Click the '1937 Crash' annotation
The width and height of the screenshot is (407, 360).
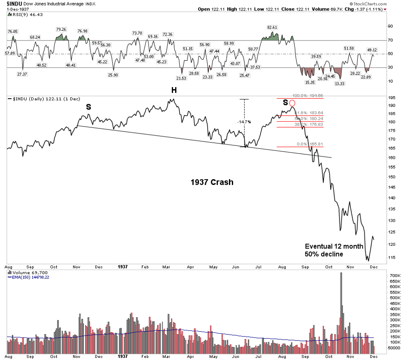(212, 182)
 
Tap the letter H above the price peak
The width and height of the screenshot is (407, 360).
(173, 90)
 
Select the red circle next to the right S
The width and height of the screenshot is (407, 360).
(292, 103)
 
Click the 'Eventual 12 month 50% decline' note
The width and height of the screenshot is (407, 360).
(328, 250)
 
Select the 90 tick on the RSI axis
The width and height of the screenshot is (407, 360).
(391, 26)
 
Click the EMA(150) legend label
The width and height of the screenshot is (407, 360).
(28, 277)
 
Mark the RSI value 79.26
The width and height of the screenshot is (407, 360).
(61, 29)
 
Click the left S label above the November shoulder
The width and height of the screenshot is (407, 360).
(88, 107)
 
